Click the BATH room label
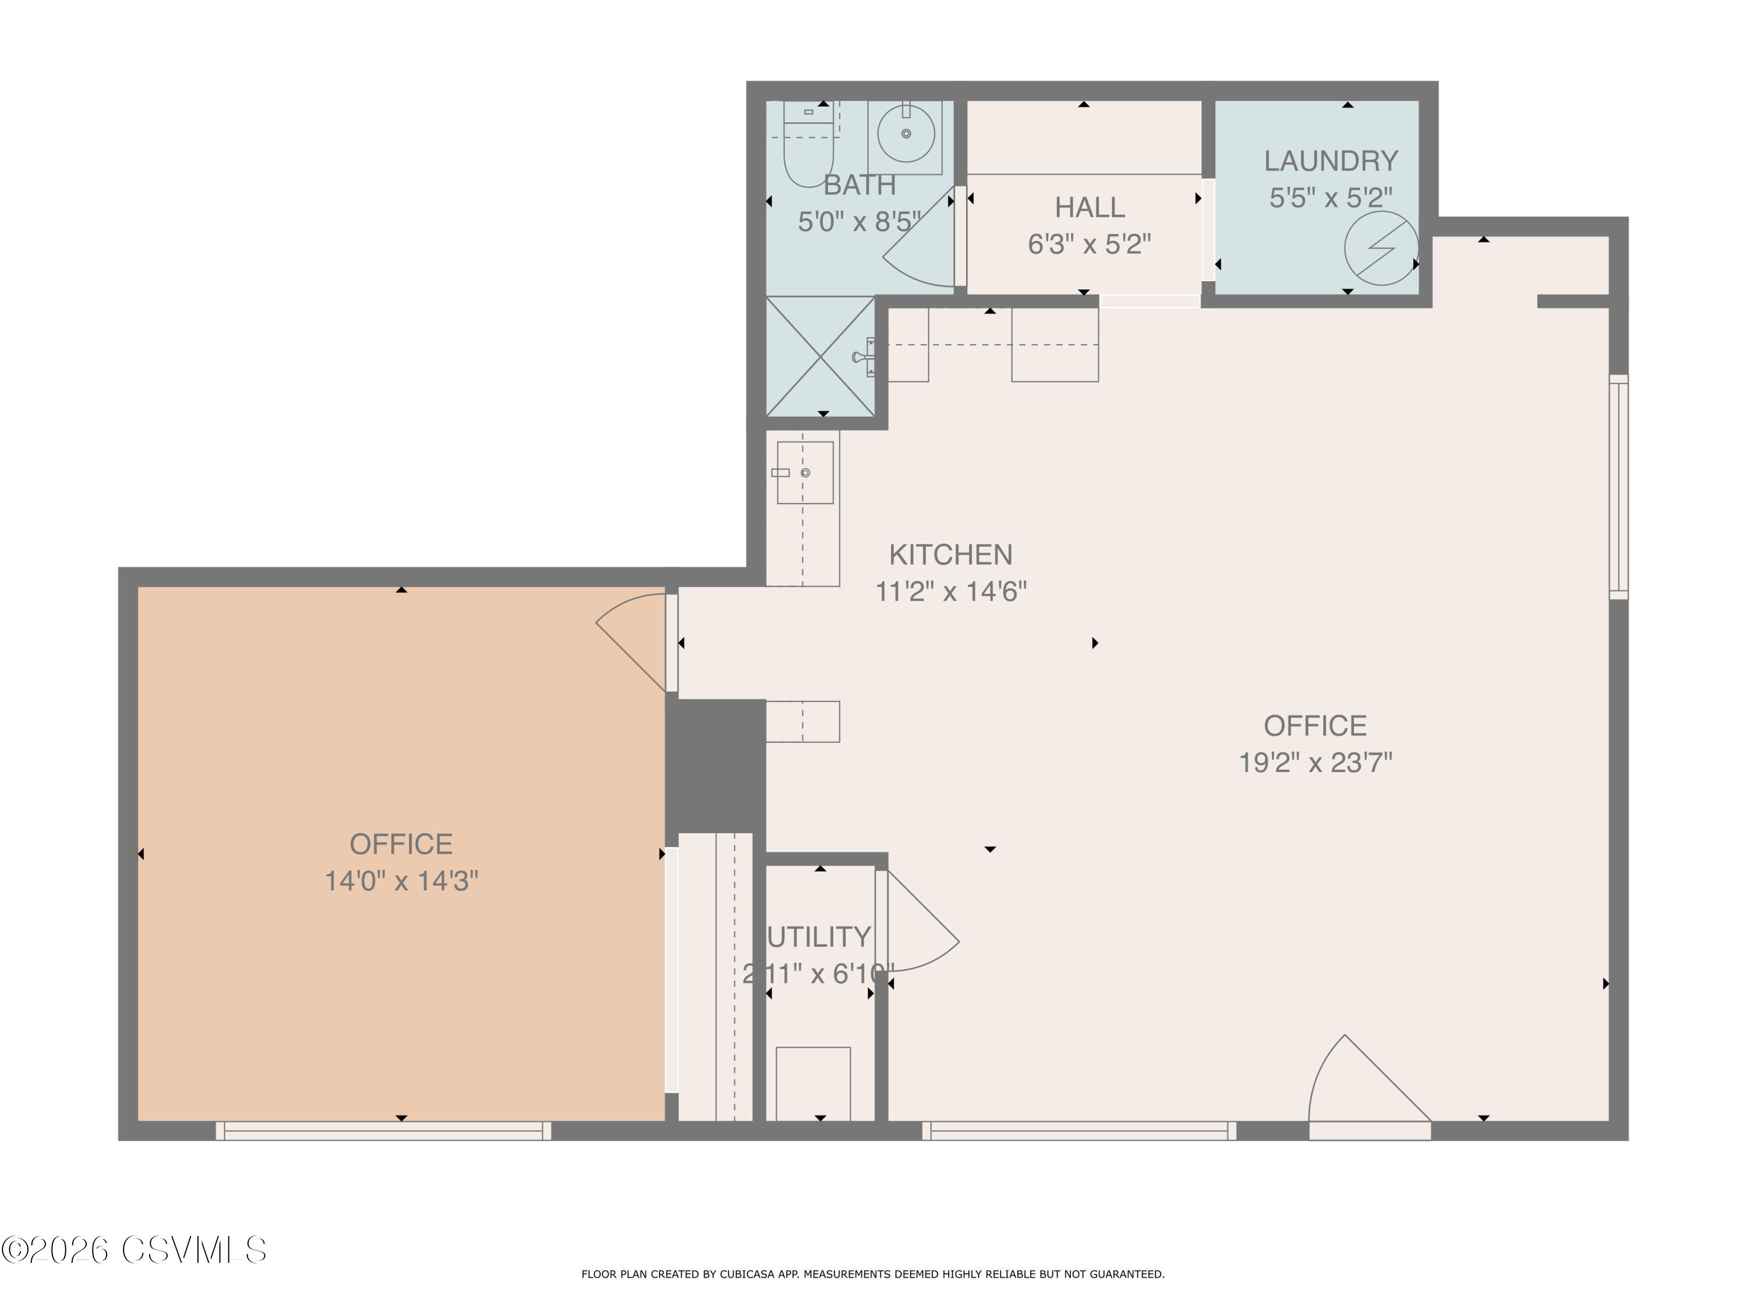pos(860,185)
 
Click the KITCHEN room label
pos(951,555)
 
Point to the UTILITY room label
pos(819,937)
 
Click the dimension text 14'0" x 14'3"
pos(401,881)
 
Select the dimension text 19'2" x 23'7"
pos(1315,763)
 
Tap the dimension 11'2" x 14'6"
pos(951,592)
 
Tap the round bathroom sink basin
pos(906,133)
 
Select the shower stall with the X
pos(821,356)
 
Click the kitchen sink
pos(805,472)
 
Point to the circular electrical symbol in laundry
pos(1381,248)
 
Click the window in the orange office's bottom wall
pos(384,1131)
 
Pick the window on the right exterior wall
pos(1618,486)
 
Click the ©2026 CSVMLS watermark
pos(135,1251)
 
